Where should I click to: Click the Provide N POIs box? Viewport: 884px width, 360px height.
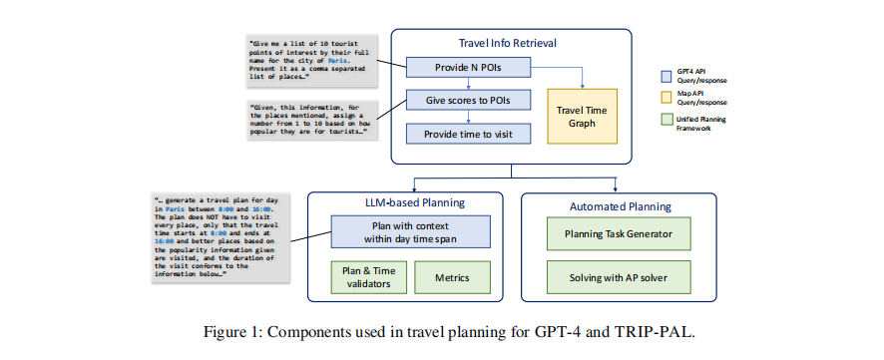point(468,68)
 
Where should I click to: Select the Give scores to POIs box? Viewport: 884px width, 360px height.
point(468,101)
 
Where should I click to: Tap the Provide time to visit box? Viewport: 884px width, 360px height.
point(468,134)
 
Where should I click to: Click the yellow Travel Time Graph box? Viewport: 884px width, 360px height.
point(582,116)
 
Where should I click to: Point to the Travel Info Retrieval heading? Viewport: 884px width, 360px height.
point(512,44)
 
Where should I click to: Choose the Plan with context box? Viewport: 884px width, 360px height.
point(410,232)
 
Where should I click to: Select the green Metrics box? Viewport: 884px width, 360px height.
point(452,277)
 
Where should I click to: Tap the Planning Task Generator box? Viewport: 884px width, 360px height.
point(619,232)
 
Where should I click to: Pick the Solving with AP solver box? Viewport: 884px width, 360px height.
point(619,277)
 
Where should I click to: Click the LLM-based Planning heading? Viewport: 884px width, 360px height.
point(404,202)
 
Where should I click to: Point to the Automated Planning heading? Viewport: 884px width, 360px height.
point(621,206)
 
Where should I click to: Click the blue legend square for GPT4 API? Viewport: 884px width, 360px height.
point(665,76)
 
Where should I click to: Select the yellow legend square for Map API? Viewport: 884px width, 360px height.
point(665,98)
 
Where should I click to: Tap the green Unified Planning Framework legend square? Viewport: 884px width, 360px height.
point(665,121)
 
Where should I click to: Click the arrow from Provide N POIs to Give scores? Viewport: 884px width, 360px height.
point(468,84)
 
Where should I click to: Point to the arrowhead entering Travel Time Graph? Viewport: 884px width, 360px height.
point(582,86)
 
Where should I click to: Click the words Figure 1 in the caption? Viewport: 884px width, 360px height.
point(231,331)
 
